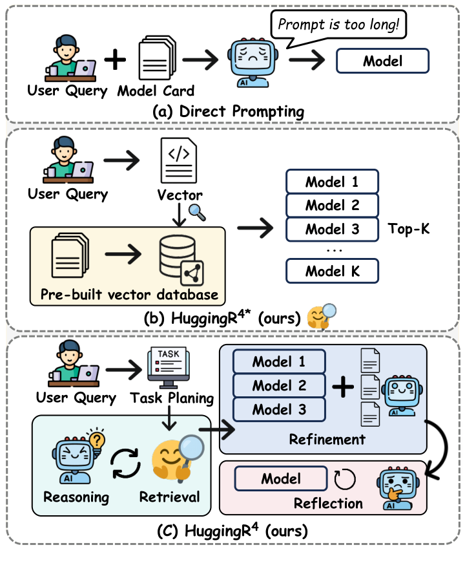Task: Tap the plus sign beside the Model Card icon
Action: coord(115,60)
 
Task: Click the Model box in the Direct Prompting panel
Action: coord(382,61)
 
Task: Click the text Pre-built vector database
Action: coord(125,295)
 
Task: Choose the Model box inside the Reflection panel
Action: coord(281,479)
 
